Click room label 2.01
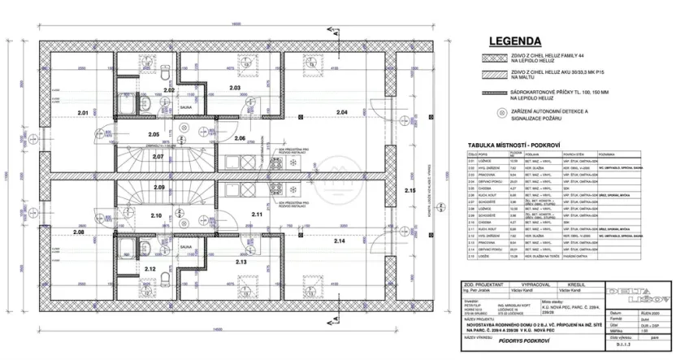point(83,111)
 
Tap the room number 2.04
point(340,111)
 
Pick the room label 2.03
point(236,87)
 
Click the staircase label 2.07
point(158,156)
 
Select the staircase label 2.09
point(158,188)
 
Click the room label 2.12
point(149,268)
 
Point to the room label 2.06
point(240,139)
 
